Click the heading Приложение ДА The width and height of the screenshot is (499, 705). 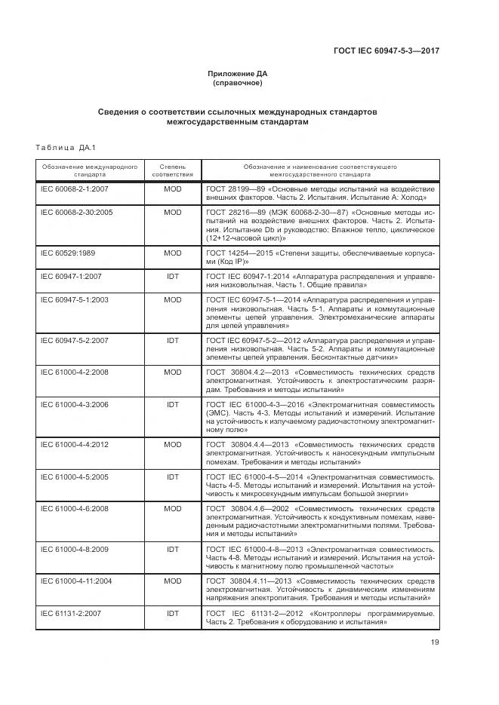(x=238, y=74)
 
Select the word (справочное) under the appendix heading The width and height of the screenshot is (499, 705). (x=238, y=83)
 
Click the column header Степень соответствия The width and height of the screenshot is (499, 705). (x=172, y=169)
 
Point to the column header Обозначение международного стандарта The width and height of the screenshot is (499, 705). (x=89, y=169)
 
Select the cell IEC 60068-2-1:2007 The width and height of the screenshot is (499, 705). (x=75, y=188)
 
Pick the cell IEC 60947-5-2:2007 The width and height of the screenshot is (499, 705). (x=75, y=340)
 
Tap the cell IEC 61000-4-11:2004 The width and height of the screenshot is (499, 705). (x=77, y=581)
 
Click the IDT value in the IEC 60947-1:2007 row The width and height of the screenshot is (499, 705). (x=172, y=276)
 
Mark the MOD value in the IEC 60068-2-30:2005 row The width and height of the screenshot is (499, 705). (x=172, y=212)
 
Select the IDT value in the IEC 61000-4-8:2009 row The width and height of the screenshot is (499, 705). (x=172, y=549)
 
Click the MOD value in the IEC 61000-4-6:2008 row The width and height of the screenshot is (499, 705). (x=172, y=508)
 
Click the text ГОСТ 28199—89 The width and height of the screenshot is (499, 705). (x=235, y=188)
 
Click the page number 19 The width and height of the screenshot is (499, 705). (x=434, y=642)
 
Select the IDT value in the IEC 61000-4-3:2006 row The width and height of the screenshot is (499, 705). (x=172, y=404)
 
